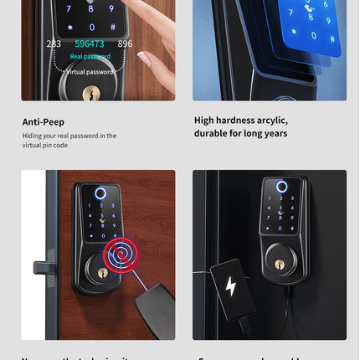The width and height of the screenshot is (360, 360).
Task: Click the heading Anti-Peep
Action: click(x=43, y=122)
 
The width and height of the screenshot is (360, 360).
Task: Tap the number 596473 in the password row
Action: click(x=90, y=44)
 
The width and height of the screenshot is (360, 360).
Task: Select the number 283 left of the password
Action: click(x=54, y=44)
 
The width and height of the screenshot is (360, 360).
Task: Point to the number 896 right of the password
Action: click(x=125, y=44)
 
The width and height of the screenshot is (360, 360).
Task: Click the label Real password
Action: click(x=89, y=56)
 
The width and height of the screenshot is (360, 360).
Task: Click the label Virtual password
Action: click(x=90, y=71)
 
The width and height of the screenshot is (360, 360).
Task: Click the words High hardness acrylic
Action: click(x=240, y=121)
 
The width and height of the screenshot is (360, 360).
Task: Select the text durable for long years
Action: click(x=240, y=133)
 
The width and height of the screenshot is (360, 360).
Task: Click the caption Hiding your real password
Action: click(x=69, y=136)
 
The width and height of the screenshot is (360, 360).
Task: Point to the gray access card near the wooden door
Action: click(x=148, y=298)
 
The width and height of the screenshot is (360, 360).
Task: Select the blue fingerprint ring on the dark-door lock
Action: click(x=282, y=187)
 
